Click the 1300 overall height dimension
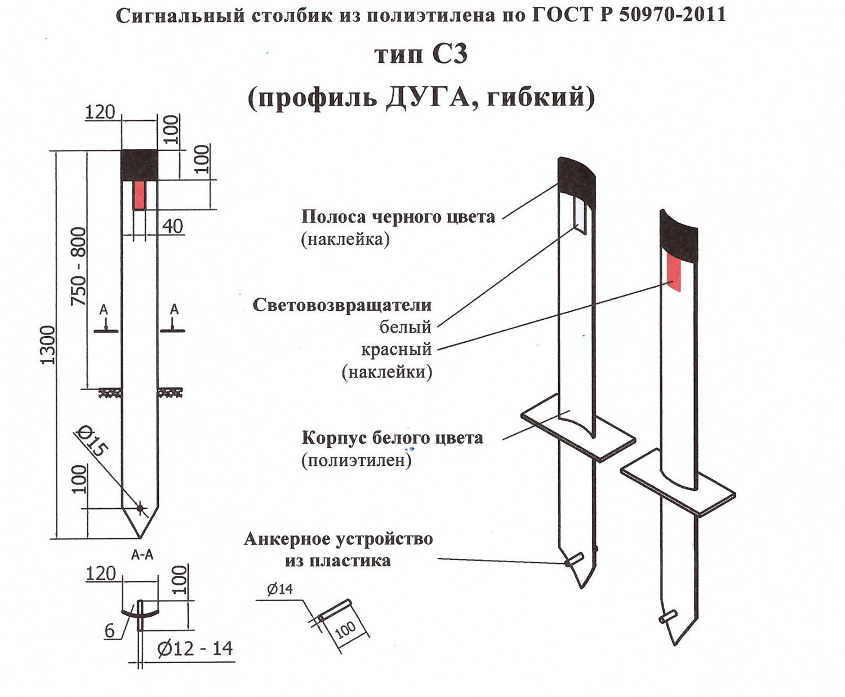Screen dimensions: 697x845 tap(48, 345)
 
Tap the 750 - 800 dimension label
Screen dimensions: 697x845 tap(79, 267)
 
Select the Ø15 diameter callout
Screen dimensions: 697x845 tap(91, 441)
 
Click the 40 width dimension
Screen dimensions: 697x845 tap(173, 226)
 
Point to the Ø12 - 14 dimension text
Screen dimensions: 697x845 tap(195, 649)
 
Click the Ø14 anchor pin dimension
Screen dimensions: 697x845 tap(280, 589)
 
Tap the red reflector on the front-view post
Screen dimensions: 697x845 tap(139, 195)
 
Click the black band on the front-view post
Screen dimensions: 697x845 tap(140, 165)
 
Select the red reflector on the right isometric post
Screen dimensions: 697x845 tap(673, 272)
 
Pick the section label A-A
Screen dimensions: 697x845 tap(142, 555)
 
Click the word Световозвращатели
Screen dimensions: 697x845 tap(342, 305)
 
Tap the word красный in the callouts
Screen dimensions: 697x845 tap(397, 350)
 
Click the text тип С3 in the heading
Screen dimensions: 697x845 tap(421, 55)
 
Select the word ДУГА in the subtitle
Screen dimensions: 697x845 tap(428, 98)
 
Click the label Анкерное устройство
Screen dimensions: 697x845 tap(338, 539)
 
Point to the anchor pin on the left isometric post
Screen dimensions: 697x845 tap(572, 561)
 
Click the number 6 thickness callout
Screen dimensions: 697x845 tap(110, 630)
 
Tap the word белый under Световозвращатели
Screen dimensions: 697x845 tap(406, 327)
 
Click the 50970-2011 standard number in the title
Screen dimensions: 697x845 tap(672, 15)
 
